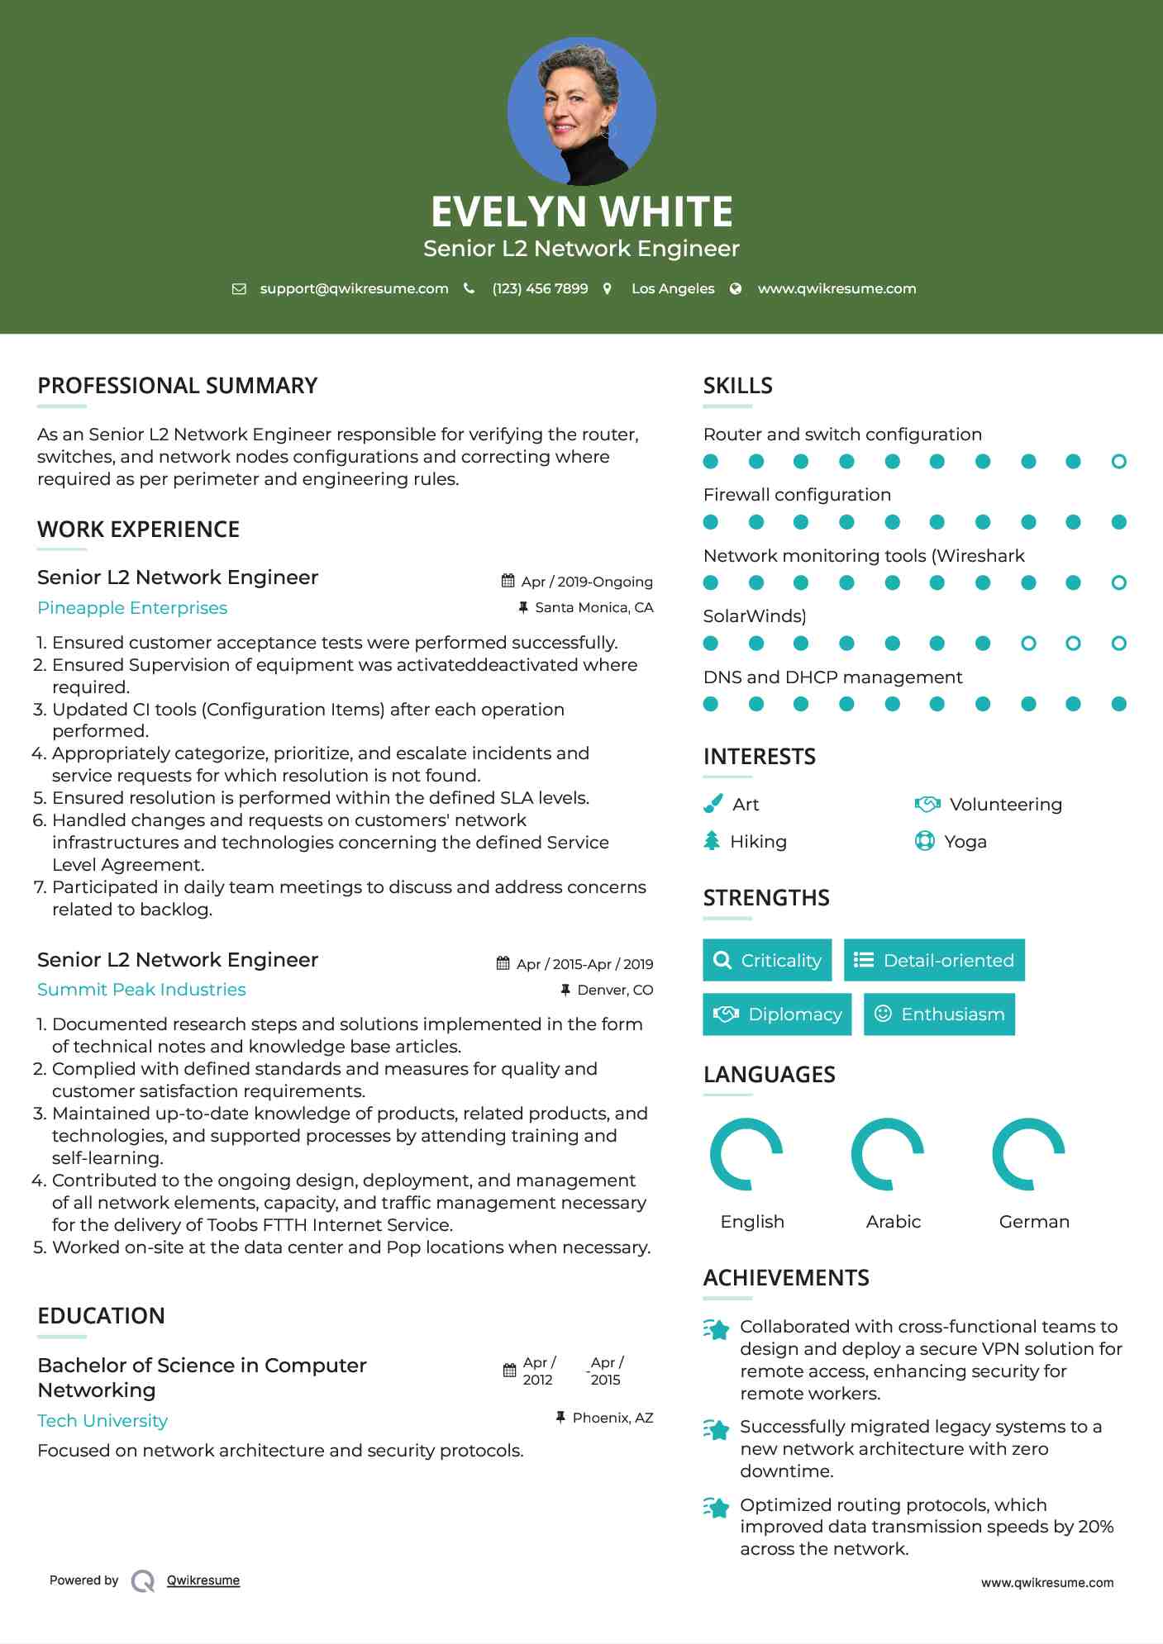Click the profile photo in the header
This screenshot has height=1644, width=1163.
(581, 111)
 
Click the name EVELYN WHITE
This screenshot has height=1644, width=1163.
(581, 211)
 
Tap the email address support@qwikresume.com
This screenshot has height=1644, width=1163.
(354, 288)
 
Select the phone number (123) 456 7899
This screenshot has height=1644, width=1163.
(540, 288)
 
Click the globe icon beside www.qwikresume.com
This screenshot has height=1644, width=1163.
(736, 288)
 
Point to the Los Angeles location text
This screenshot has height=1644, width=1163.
(672, 288)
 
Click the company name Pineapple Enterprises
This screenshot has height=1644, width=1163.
(132, 608)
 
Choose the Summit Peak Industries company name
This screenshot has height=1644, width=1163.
(141, 990)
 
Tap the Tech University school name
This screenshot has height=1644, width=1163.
(102, 1421)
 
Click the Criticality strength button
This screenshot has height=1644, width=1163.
(767, 960)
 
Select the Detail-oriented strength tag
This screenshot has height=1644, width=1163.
(934, 960)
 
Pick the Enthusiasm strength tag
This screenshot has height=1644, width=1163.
(939, 1014)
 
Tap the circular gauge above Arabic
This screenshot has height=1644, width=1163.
(888, 1154)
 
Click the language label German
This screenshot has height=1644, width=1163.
(1034, 1222)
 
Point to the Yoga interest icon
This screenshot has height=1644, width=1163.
(924, 841)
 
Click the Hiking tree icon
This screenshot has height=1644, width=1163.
(712, 841)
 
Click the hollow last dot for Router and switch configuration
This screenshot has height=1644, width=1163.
(1118, 461)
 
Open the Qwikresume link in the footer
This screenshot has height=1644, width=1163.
(203, 1580)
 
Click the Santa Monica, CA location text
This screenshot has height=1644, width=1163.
(593, 607)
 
